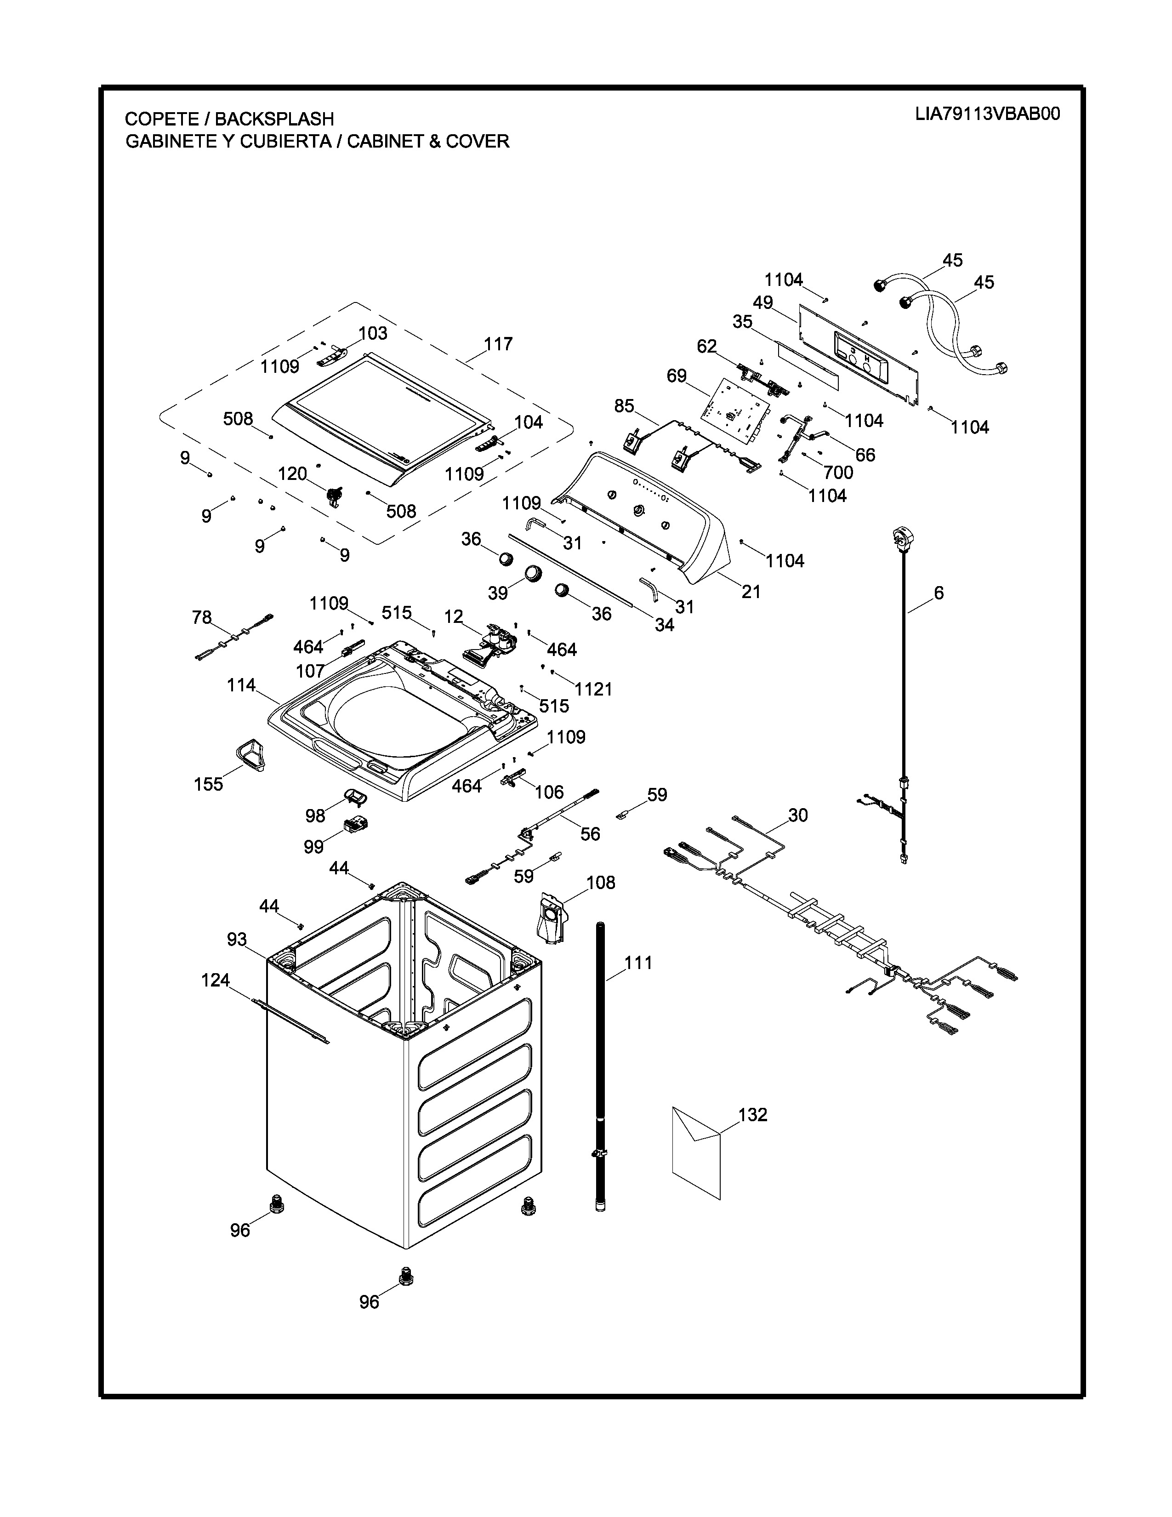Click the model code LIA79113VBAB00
pyautogui.click(x=987, y=114)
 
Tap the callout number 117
pyautogui.click(x=498, y=344)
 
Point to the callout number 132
pyautogui.click(x=753, y=1114)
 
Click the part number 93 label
pyautogui.click(x=237, y=939)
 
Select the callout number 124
pyautogui.click(x=215, y=980)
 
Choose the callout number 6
pyautogui.click(x=939, y=593)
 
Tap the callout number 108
pyautogui.click(x=601, y=882)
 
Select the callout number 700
pyautogui.click(x=838, y=472)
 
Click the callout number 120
pyautogui.click(x=292, y=473)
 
